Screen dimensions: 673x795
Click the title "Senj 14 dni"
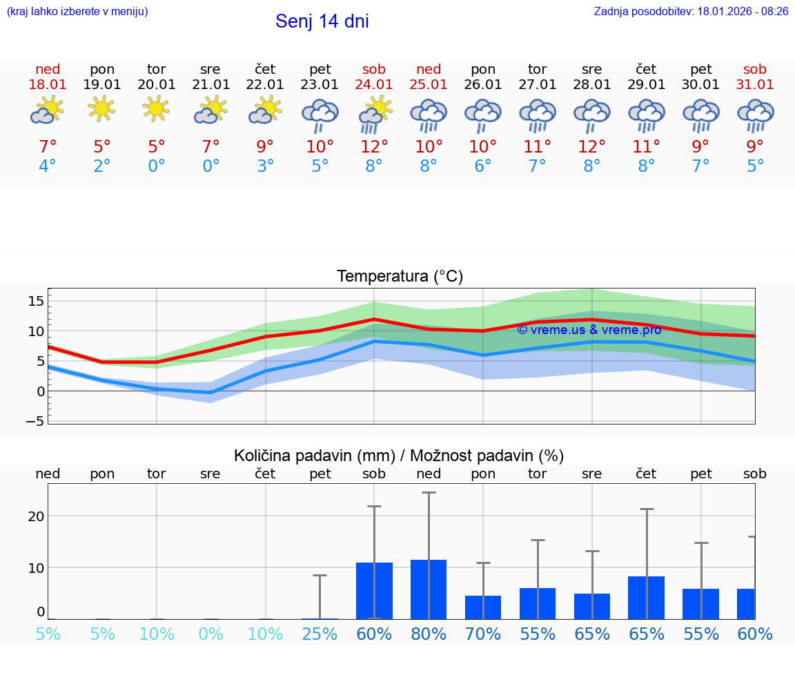(x=322, y=21)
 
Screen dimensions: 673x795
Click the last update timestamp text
(x=691, y=11)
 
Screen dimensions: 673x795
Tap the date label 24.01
(x=374, y=85)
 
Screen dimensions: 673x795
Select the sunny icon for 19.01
(x=101, y=109)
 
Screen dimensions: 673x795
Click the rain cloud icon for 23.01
(x=320, y=115)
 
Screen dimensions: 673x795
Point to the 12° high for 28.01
(x=591, y=147)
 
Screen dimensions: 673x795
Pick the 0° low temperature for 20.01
(x=157, y=166)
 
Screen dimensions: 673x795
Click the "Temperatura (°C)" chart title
(x=400, y=277)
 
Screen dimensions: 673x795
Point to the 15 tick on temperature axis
(x=36, y=301)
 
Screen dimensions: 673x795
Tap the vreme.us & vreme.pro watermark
(x=589, y=330)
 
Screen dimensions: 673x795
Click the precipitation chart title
(x=399, y=456)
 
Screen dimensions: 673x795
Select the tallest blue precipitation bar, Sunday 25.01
(x=429, y=589)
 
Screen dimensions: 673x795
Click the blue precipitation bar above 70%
(x=483, y=607)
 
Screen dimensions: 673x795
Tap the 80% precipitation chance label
(x=429, y=634)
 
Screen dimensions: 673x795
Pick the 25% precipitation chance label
(x=320, y=634)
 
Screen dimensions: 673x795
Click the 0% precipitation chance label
(x=210, y=634)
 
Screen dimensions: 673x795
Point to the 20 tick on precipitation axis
(x=36, y=516)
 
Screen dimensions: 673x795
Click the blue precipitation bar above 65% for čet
(x=647, y=598)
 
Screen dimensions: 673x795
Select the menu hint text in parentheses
(x=77, y=11)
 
